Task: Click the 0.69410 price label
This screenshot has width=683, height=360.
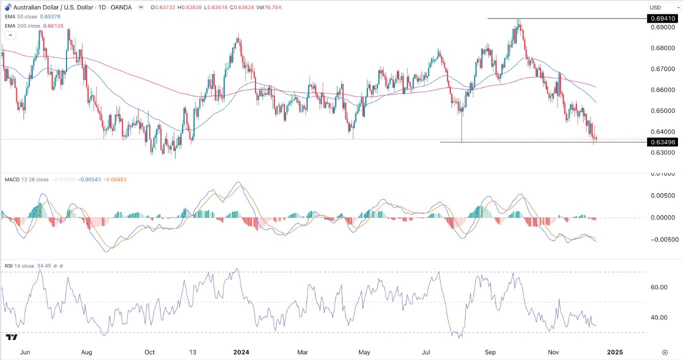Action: [662, 18]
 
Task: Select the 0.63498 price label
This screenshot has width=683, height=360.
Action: [662, 142]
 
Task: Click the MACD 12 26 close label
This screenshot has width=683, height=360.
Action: [27, 179]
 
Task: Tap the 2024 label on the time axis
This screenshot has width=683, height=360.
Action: [241, 352]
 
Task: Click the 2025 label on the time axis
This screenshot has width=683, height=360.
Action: [614, 352]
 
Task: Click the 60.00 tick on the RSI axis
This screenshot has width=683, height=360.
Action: [659, 287]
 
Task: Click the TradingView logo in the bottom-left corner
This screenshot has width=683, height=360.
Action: [12, 338]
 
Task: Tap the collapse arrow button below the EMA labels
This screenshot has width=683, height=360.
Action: [10, 35]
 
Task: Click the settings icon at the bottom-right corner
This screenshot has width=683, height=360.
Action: [664, 352]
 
